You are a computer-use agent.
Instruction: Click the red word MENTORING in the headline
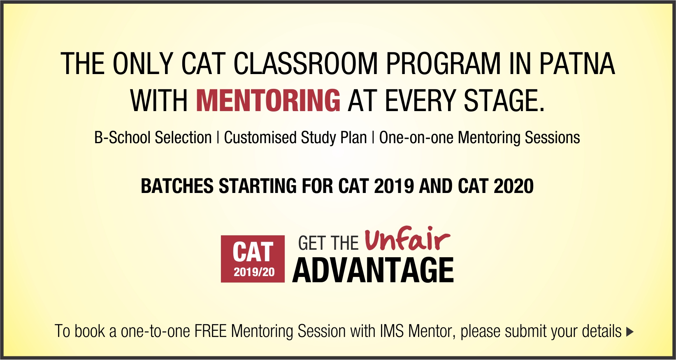pyautogui.click(x=268, y=100)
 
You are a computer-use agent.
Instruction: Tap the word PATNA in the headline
pyautogui.click(x=577, y=64)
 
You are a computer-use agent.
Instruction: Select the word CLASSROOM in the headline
pyautogui.click(x=305, y=64)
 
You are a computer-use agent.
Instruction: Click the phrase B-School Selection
pyautogui.click(x=153, y=137)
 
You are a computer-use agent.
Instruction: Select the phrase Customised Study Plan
pyautogui.click(x=295, y=137)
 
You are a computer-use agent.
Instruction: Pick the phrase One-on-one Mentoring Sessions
pyautogui.click(x=480, y=137)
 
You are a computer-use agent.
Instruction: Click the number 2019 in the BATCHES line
pyautogui.click(x=394, y=186)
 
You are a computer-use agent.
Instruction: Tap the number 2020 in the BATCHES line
pyautogui.click(x=513, y=186)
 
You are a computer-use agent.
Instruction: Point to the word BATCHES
pyautogui.click(x=177, y=186)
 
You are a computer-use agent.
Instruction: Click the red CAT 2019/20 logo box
pyautogui.click(x=253, y=259)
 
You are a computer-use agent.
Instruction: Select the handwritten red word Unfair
pyautogui.click(x=407, y=239)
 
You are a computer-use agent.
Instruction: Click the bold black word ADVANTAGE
pyautogui.click(x=373, y=270)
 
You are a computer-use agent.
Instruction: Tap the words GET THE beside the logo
pyautogui.click(x=328, y=244)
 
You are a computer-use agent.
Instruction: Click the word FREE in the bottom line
pyautogui.click(x=211, y=331)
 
